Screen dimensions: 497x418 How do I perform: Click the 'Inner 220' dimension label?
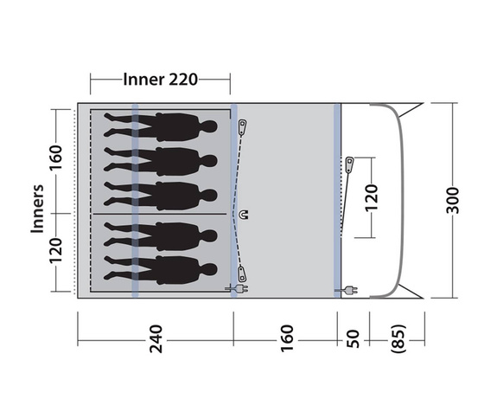tap(161, 80)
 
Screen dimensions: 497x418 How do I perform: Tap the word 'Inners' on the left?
tap(37, 209)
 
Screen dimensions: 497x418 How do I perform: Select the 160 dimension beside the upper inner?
tap(55, 158)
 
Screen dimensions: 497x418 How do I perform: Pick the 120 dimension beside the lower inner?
tap(55, 251)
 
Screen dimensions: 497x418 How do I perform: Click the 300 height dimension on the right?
tap(453, 200)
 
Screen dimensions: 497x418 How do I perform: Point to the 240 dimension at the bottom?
tap(156, 339)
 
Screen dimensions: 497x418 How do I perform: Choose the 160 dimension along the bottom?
tap(287, 338)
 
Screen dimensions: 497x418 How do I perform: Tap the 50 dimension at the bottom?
tap(354, 339)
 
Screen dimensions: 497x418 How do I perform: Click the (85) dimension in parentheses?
tap(398, 338)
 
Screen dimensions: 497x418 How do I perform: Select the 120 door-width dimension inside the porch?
tap(372, 197)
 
